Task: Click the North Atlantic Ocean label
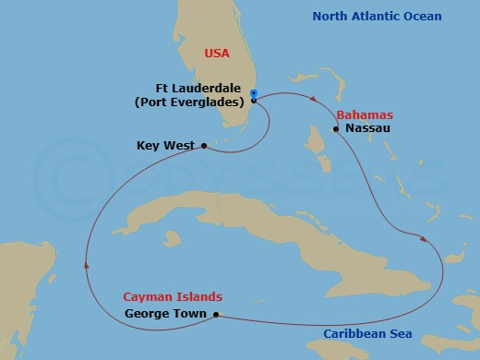click(x=377, y=17)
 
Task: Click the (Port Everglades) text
click(x=190, y=102)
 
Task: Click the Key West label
click(x=163, y=145)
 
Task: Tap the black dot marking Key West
click(x=204, y=145)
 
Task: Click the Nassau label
click(x=369, y=129)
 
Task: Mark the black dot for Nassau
click(x=338, y=129)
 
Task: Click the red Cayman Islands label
click(x=173, y=297)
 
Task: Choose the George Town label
click(x=164, y=315)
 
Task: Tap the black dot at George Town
click(x=216, y=315)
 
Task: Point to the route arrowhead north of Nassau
click(x=317, y=99)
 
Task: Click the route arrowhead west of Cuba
click(x=86, y=264)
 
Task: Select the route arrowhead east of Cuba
click(x=424, y=239)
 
